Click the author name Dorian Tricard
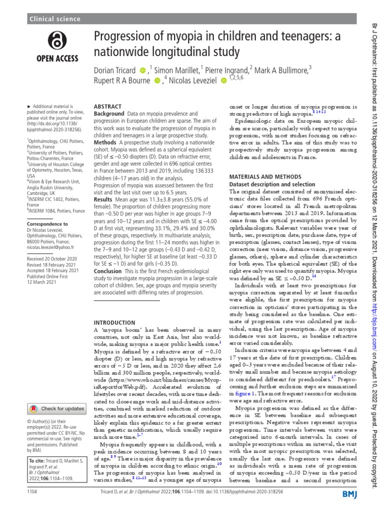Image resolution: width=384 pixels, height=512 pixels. click(114, 70)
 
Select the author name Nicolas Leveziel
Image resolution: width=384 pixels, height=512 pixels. click(189, 81)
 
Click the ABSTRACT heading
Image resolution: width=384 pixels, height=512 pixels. click(107, 107)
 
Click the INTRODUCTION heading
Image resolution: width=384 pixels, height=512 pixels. click(114, 323)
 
